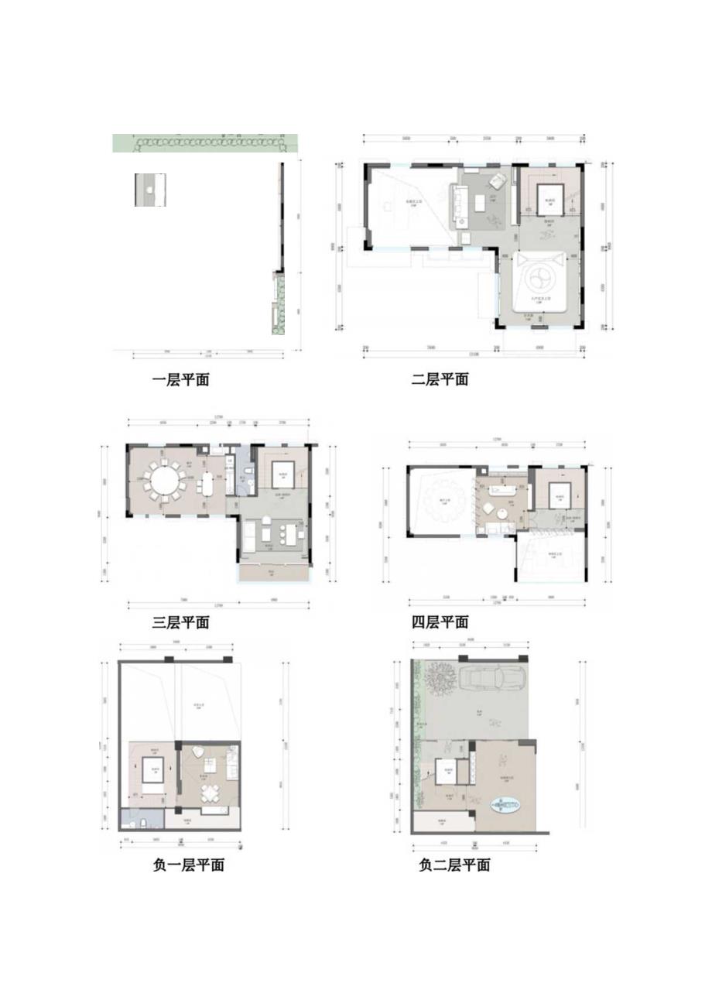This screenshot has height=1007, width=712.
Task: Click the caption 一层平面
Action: pos(180,380)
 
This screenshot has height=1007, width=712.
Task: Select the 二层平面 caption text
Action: pos(440,380)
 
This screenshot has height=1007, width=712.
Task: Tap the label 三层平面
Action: pos(180,622)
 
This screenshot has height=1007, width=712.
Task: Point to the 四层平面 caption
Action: pos(440,622)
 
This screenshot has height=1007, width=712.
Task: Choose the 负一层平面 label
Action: pos(189,865)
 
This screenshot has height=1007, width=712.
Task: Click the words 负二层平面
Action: pos(454,865)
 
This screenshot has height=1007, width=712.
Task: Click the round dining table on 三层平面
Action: pos(165,482)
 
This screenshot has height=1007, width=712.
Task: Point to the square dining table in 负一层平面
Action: pos(210,794)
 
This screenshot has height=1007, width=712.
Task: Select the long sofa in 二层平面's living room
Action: pos(457,205)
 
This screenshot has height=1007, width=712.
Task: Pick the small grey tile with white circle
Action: pos(150,190)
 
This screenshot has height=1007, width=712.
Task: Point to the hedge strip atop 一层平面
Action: pos(205,142)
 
